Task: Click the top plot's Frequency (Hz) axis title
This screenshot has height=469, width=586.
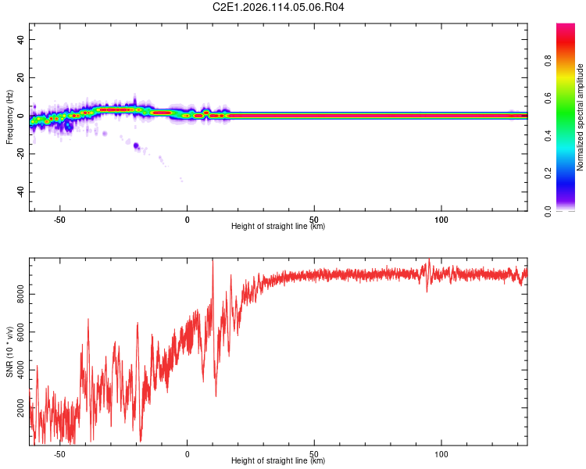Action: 9,116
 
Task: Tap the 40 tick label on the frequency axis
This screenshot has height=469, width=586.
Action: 21,39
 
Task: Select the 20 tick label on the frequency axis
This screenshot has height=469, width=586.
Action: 21,77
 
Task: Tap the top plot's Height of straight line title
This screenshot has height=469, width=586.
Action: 278,227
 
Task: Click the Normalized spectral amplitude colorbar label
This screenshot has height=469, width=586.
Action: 581,117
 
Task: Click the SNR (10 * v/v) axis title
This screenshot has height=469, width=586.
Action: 9,353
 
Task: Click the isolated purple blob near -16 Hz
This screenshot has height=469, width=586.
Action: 136,145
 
